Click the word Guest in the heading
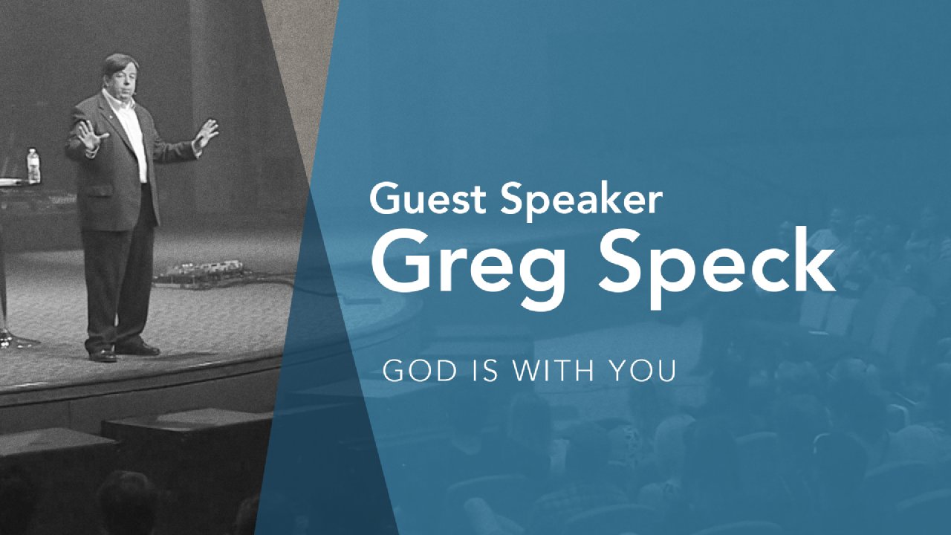point(428,198)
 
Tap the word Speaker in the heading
point(581,201)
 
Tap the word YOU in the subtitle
point(643,371)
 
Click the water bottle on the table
point(33,166)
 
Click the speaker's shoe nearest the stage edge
point(103,355)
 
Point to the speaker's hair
point(120,64)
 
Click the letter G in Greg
point(402,260)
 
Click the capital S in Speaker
point(513,198)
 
